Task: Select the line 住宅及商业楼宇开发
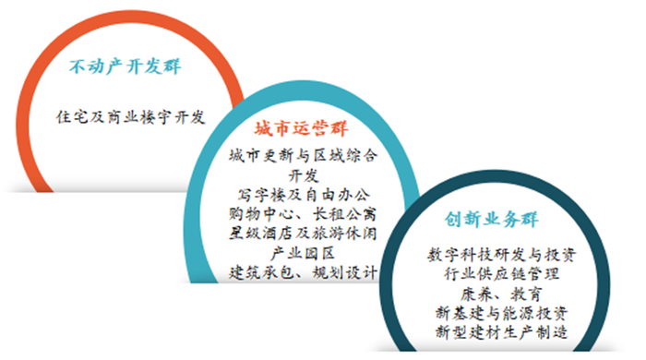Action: [129, 117]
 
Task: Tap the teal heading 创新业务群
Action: [497, 222]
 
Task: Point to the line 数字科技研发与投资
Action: [497, 254]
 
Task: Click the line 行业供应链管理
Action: [497, 273]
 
